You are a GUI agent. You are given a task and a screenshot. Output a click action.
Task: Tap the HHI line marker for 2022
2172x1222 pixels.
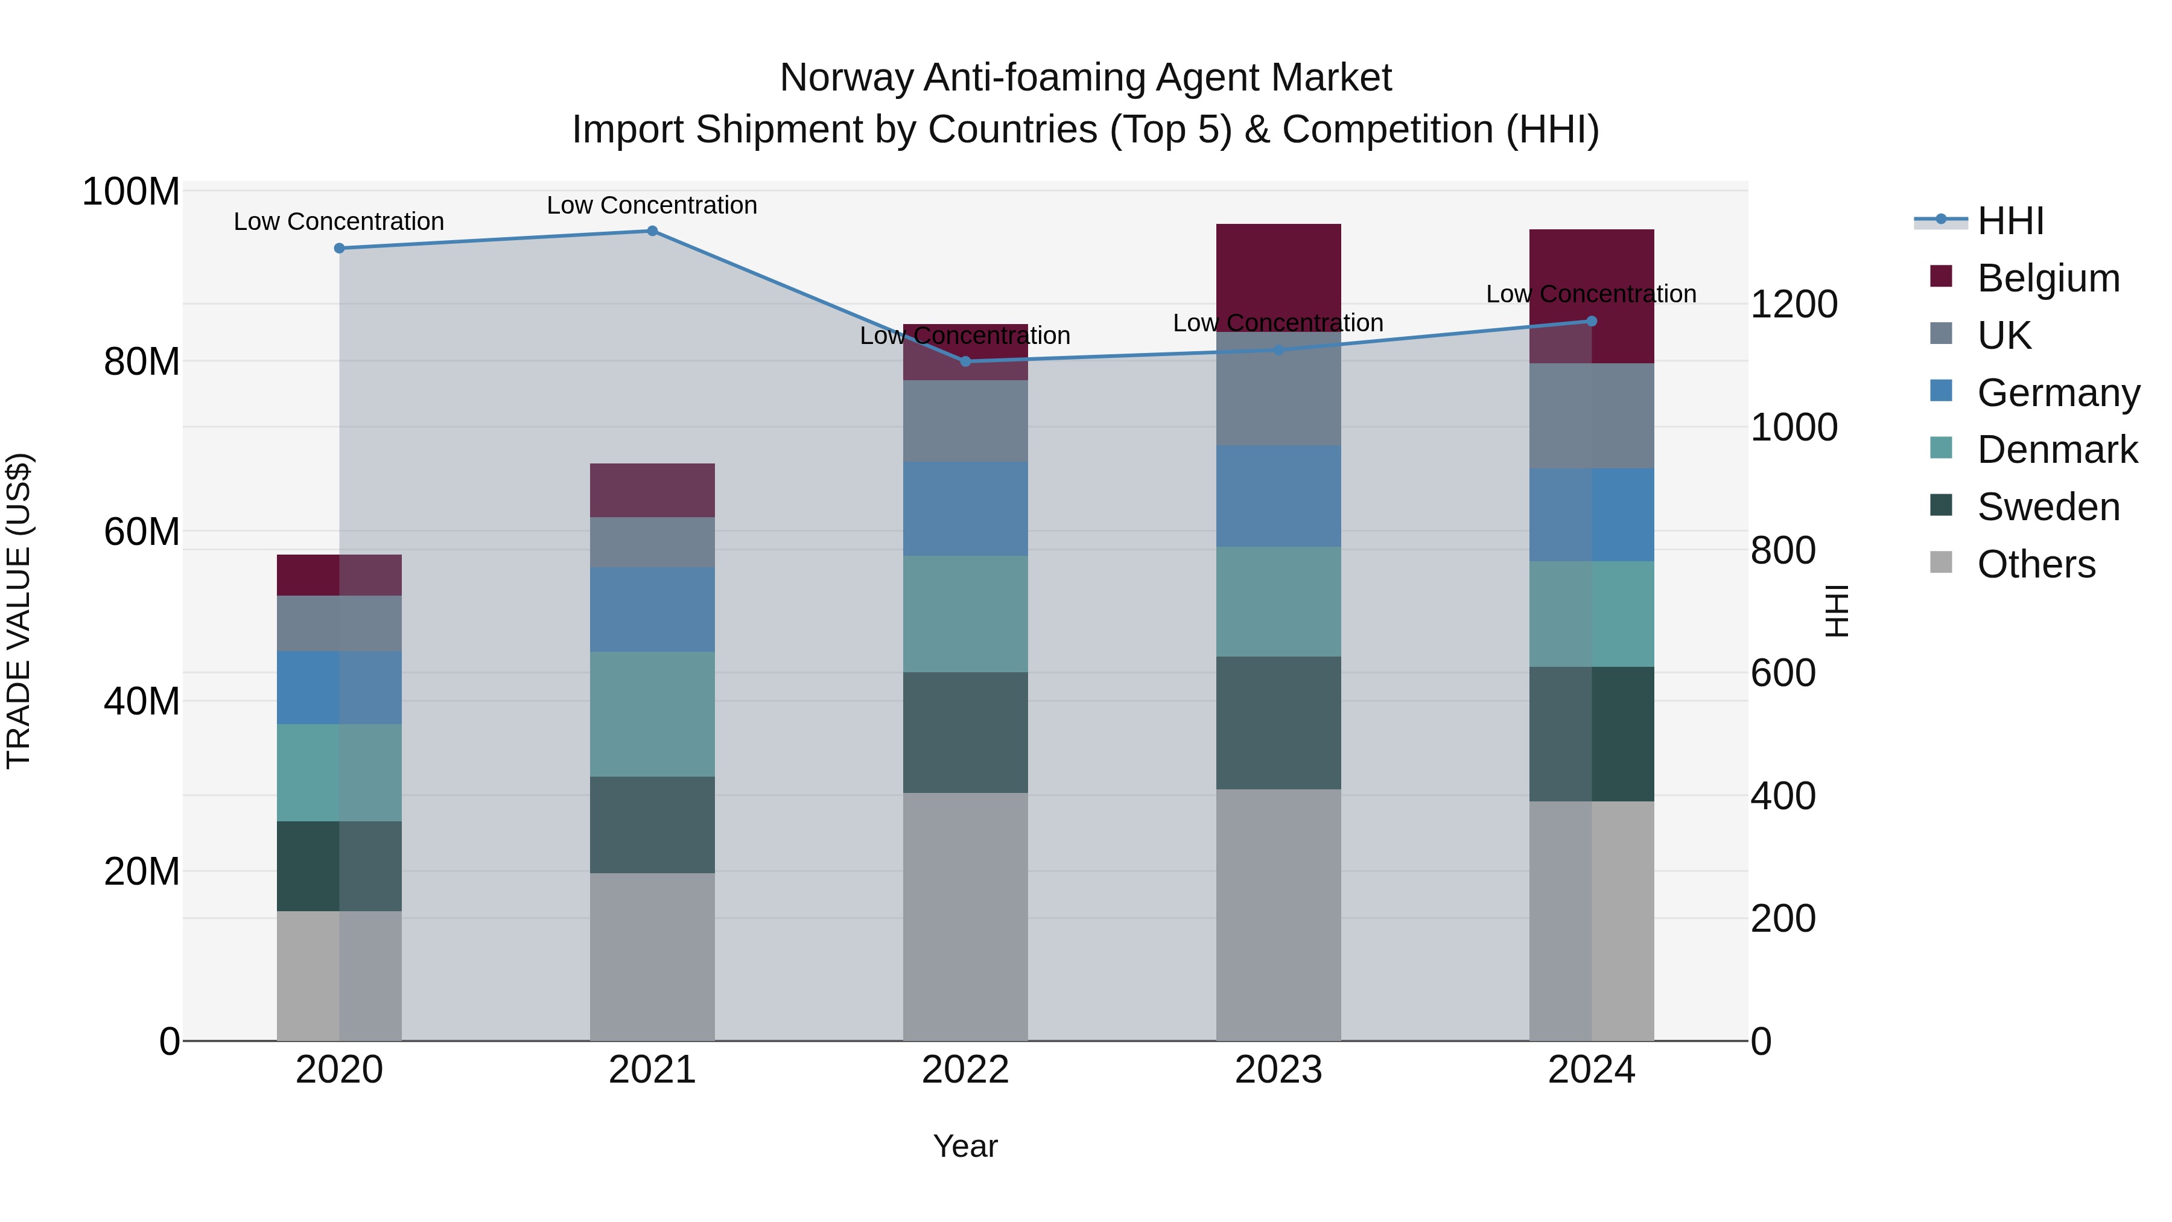click(965, 362)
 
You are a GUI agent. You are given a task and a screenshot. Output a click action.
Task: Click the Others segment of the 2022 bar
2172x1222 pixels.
click(965, 916)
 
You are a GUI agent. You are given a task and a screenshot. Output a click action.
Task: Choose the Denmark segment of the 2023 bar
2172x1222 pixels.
click(1278, 601)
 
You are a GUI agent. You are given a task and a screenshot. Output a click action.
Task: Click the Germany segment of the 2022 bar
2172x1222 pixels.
click(965, 509)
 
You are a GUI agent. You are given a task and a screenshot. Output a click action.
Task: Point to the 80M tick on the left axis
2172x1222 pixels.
click(142, 362)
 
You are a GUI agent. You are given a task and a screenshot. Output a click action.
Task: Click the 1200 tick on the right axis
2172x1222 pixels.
click(1794, 305)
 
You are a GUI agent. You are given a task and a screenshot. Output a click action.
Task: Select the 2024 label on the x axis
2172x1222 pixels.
click(1591, 1070)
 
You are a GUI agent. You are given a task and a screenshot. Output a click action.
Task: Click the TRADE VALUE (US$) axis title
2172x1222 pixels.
click(19, 611)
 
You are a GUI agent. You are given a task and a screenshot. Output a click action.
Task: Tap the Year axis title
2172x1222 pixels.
click(965, 1146)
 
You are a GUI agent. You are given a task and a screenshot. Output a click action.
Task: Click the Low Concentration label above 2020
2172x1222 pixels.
click(339, 222)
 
